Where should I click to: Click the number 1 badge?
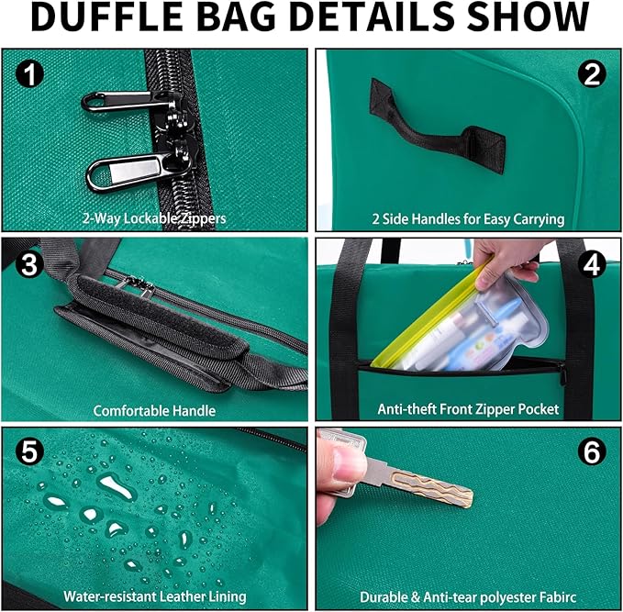coord(29,73)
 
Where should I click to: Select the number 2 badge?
coord(592,74)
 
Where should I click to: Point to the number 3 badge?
coord(28,264)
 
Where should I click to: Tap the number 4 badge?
coord(592,264)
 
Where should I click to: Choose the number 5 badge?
coord(29,451)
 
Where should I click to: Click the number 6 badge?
coord(592,451)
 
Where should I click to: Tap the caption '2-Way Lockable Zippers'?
coord(154,218)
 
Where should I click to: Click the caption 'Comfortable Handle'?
coord(154,410)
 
